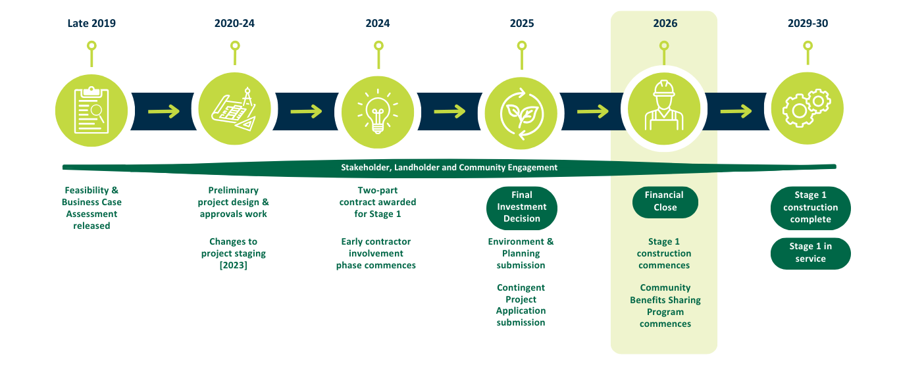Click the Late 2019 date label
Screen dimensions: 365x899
91,24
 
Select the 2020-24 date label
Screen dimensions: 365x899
234,24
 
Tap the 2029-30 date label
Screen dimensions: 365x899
808,24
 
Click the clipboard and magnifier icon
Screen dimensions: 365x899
91,110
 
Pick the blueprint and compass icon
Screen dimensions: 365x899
234,110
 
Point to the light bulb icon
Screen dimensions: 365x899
378,110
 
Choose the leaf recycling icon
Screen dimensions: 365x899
521,110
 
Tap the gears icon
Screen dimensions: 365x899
807,110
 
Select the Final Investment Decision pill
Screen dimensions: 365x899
521,207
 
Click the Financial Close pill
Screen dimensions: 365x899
664,201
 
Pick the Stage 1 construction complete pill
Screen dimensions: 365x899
810,207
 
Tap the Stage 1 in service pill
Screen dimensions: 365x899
810,253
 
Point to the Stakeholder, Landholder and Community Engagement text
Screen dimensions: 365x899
449,168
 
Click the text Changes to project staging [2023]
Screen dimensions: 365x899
233,254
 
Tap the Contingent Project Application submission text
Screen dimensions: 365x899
521,305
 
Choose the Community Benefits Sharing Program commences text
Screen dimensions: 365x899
665,306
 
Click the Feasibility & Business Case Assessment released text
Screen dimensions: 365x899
91,208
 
